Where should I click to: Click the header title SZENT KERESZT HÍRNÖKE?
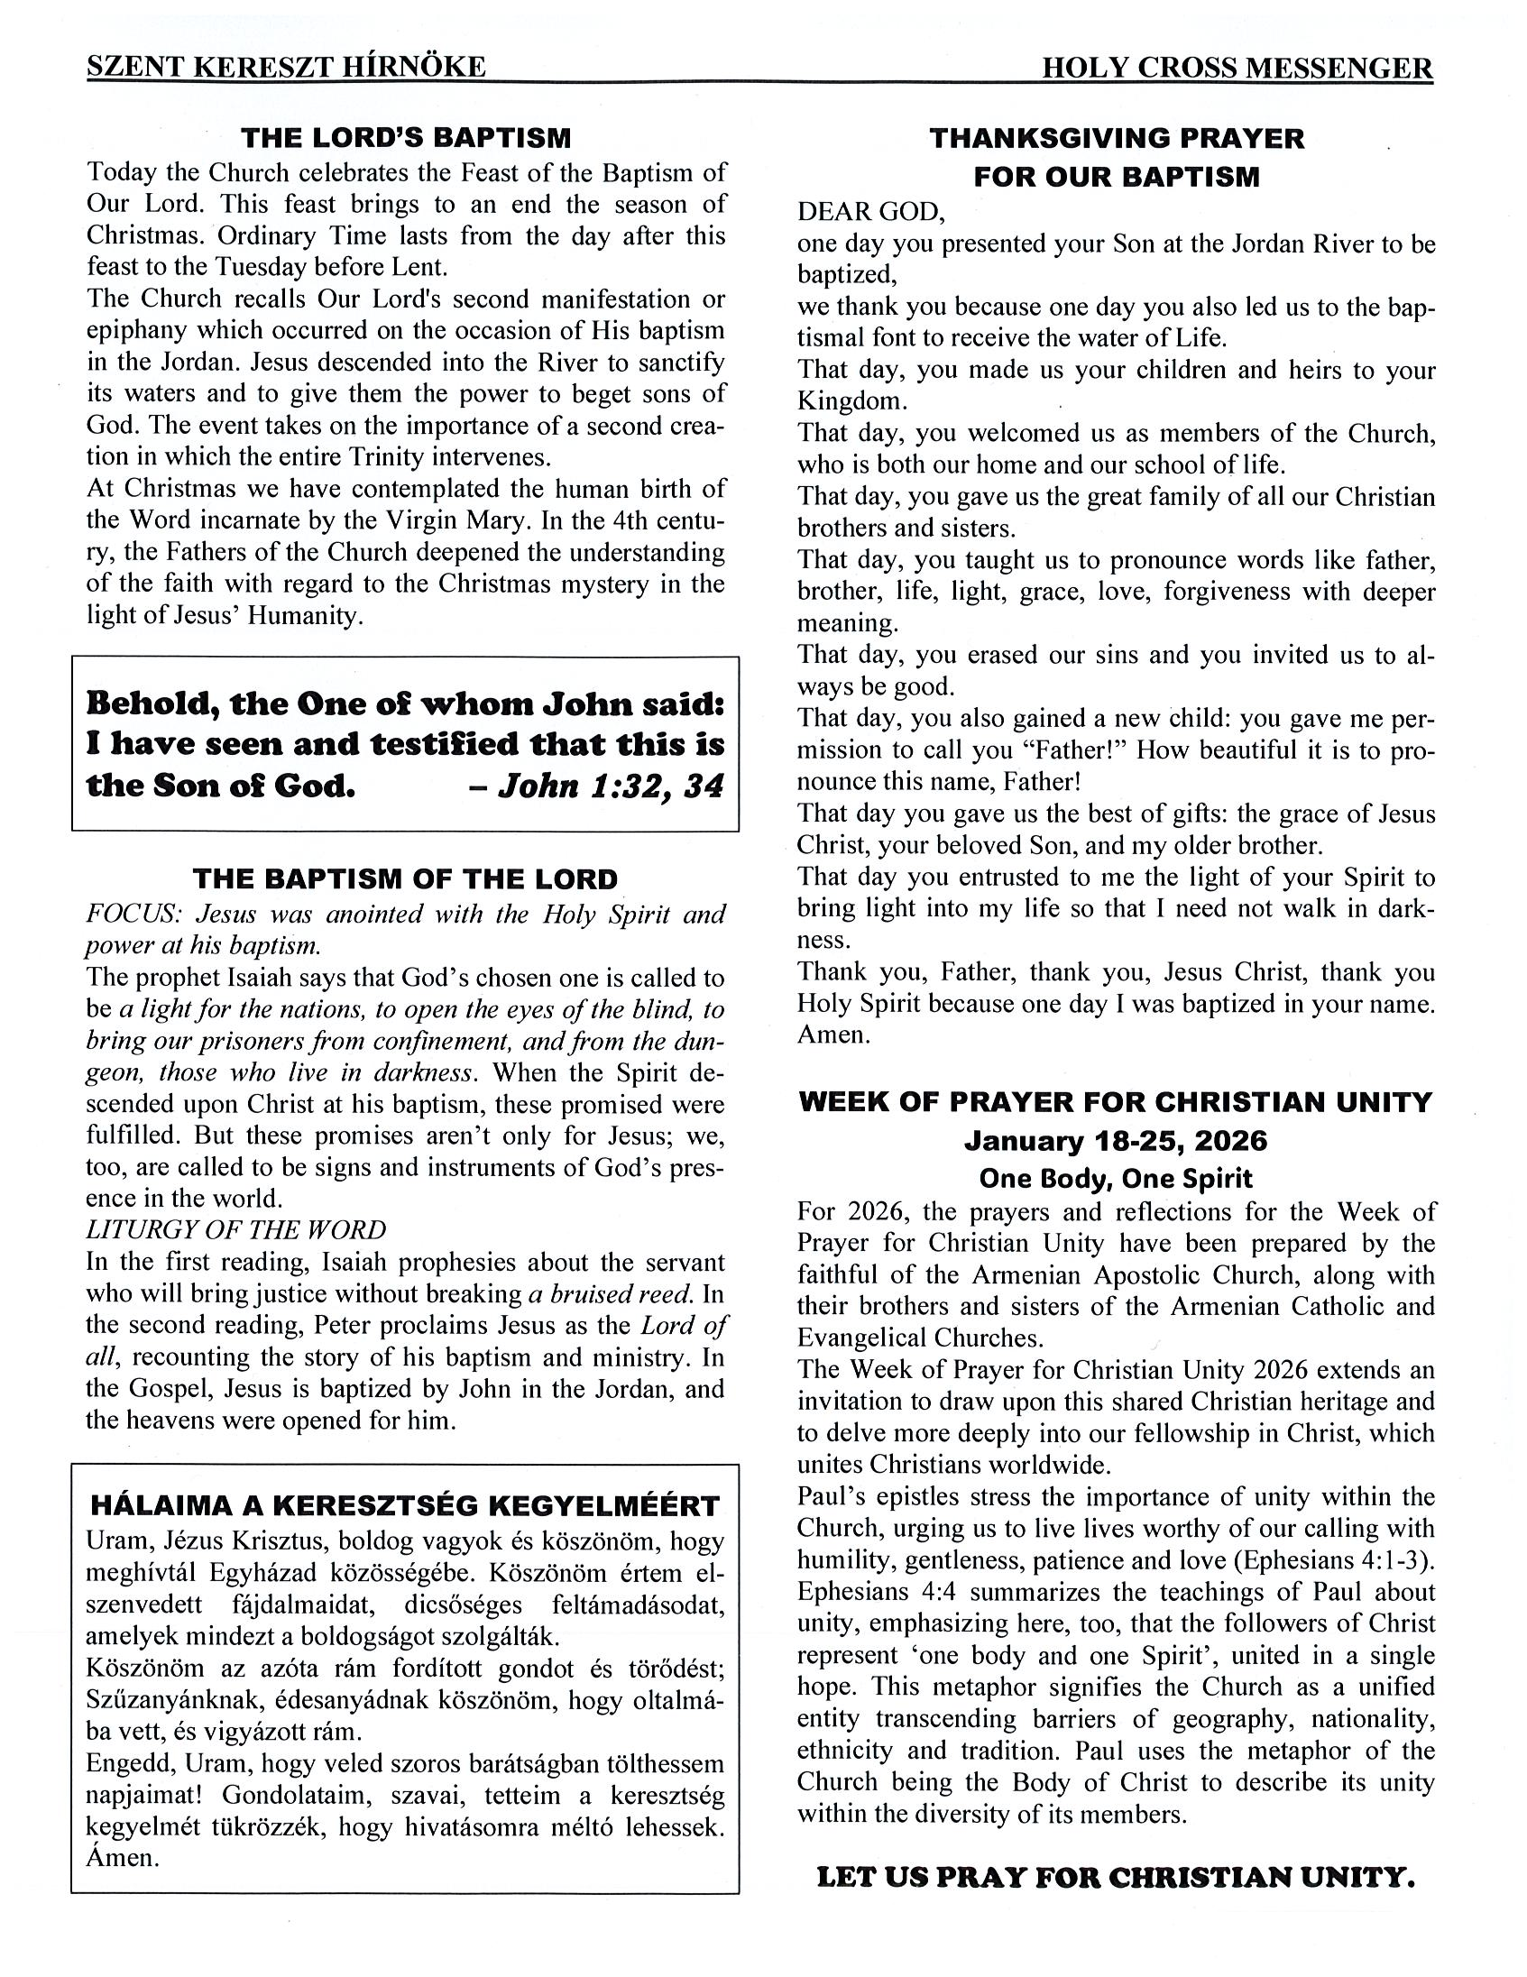[x=286, y=67]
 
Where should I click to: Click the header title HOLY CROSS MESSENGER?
[x=1237, y=68]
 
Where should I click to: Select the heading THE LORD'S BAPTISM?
[x=406, y=138]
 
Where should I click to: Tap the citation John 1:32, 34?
[x=598, y=785]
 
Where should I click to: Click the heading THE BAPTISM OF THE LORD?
[x=405, y=878]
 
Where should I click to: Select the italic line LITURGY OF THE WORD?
[x=235, y=1229]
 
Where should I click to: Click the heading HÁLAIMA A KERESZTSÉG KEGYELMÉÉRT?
[x=405, y=1506]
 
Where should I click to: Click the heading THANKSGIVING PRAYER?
[x=1116, y=139]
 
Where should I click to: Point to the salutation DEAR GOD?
[x=870, y=212]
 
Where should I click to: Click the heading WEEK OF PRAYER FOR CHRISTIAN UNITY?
[x=1116, y=1101]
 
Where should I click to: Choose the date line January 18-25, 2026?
[x=1116, y=1141]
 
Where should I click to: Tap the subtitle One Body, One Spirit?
[x=1116, y=1178]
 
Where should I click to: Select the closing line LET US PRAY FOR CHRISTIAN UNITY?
[x=1115, y=1878]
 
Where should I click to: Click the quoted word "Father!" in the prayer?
[x=1044, y=749]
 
